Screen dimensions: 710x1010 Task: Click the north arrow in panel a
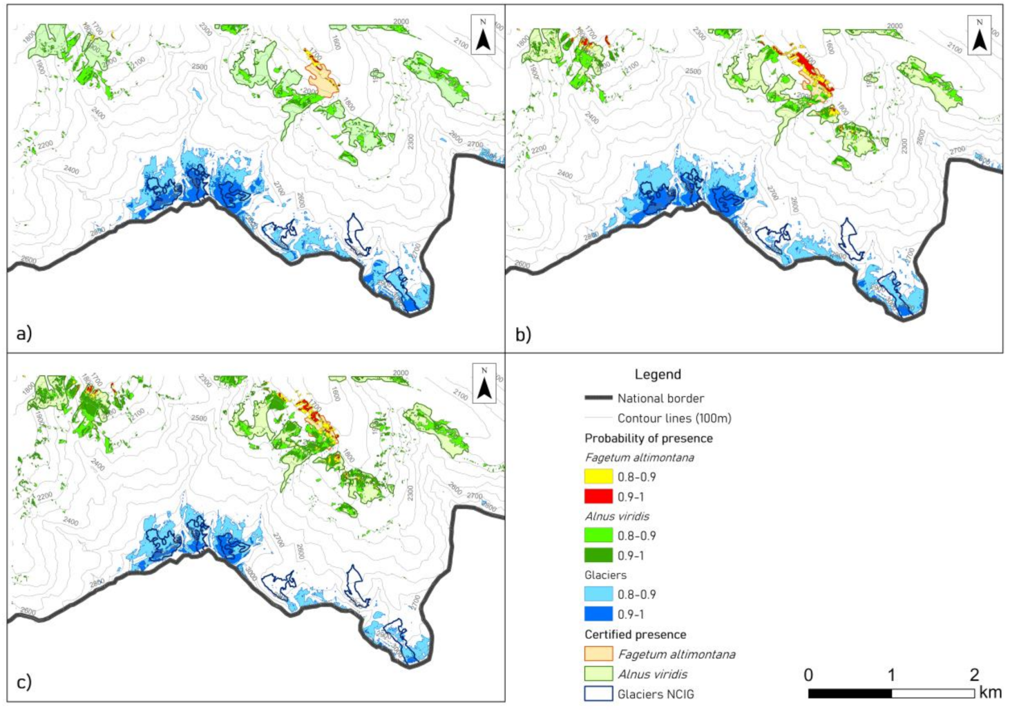coord(483,35)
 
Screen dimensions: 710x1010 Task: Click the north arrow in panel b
coord(979,35)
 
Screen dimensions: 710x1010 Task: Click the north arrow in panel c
coord(484,383)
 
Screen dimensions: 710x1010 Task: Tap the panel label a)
coord(24,334)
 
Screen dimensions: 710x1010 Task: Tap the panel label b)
coord(523,335)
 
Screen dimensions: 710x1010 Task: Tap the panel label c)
coord(24,682)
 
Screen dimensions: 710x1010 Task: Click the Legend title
coord(657,375)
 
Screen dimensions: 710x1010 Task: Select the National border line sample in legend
coord(598,398)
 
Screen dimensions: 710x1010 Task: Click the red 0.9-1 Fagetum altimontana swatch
coord(598,496)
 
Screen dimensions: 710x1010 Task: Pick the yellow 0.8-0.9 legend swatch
coord(598,477)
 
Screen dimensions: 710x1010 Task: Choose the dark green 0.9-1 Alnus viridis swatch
coord(598,555)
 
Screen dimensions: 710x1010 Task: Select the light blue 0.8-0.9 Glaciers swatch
coord(598,595)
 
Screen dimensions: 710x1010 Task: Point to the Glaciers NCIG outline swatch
coord(598,693)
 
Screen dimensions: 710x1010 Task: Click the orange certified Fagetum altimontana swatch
coord(598,654)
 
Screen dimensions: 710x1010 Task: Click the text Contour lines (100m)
coord(674,418)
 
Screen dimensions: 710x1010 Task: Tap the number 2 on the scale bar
coord(973,675)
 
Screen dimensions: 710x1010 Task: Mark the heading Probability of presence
coord(648,438)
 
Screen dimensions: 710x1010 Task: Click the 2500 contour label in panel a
coord(199,67)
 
